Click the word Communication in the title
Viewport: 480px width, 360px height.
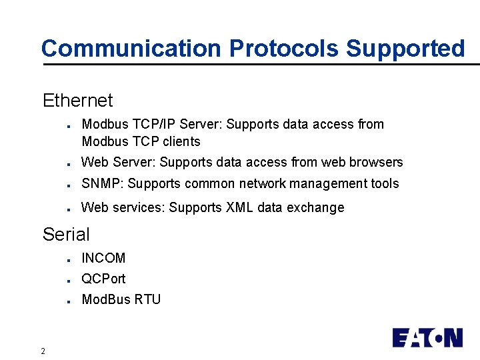tap(131, 49)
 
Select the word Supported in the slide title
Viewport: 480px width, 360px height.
tap(405, 49)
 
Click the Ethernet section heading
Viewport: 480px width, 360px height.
tap(77, 101)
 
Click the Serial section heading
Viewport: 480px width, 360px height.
tap(65, 234)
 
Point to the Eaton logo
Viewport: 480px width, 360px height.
tap(427, 337)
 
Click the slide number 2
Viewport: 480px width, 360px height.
tap(43, 351)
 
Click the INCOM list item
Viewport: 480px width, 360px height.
tap(103, 258)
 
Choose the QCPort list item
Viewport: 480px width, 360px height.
tap(103, 279)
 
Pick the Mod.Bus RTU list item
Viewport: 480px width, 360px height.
tap(121, 299)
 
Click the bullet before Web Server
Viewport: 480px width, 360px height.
tap(69, 163)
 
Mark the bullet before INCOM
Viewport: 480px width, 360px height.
tap(69, 259)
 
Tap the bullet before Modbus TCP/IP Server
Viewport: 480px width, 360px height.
tap(69, 125)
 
